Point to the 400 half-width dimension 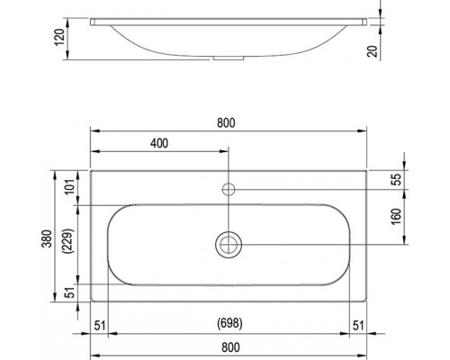159,143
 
